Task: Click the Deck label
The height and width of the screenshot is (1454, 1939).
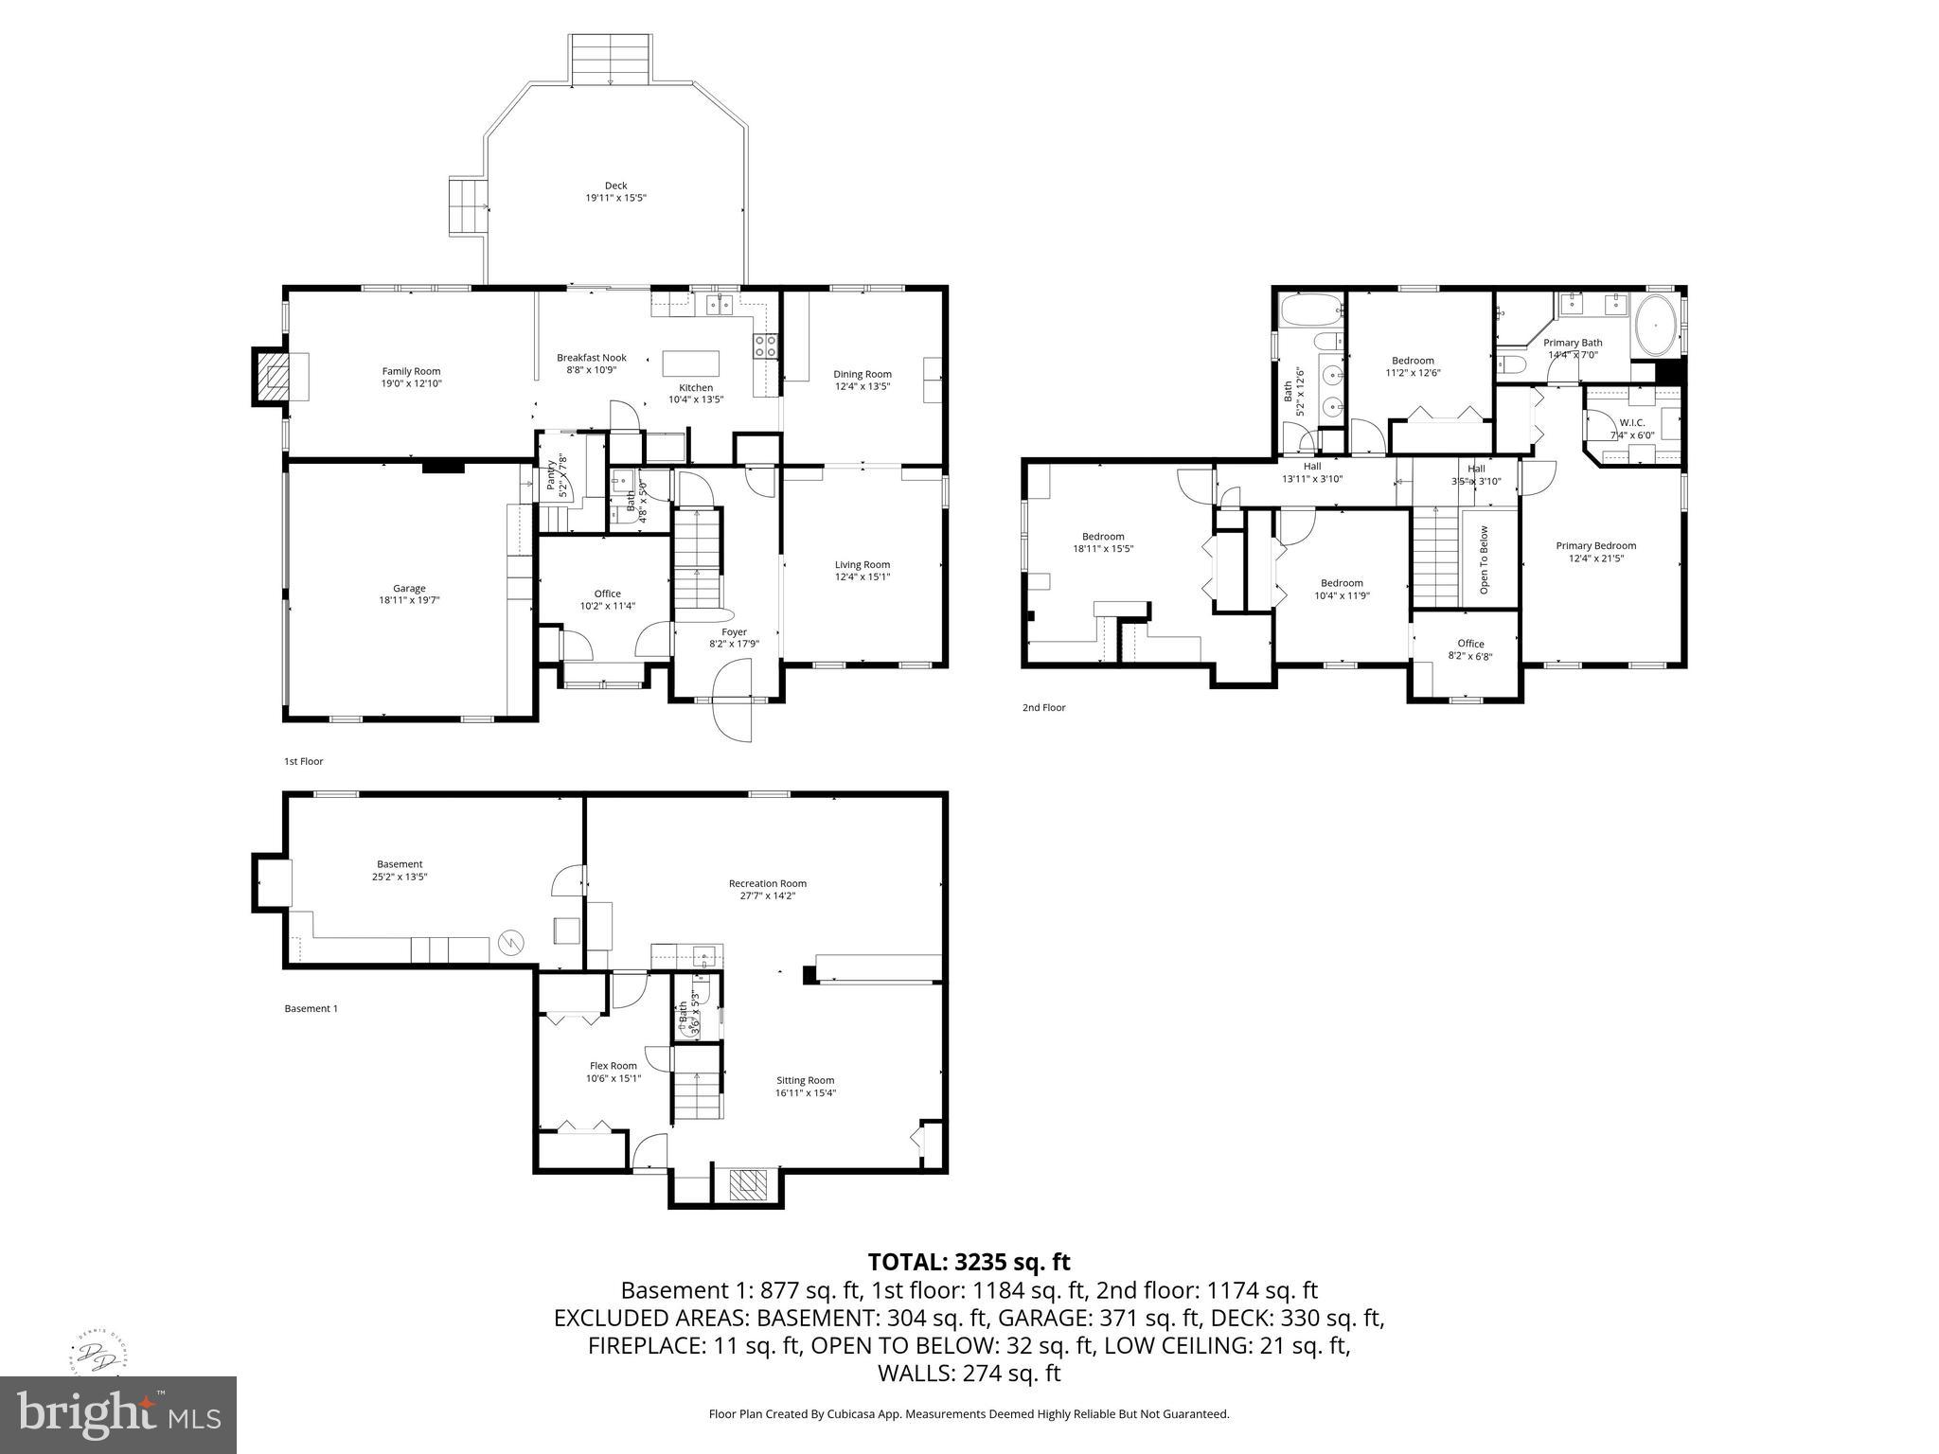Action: (615, 186)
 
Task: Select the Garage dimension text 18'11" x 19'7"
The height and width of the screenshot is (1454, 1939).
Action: (409, 600)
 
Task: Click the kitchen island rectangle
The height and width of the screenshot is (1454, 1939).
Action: (690, 363)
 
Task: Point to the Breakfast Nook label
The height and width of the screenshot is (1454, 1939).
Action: (591, 357)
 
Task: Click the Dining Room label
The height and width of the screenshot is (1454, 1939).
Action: (862, 374)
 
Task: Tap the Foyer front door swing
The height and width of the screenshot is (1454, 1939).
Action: (732, 702)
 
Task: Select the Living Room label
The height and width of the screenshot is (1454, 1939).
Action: (862, 564)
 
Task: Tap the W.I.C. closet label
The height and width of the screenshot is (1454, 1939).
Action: (1631, 422)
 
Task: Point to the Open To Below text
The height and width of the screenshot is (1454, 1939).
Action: (1484, 559)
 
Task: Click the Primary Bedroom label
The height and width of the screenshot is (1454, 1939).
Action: (1595, 545)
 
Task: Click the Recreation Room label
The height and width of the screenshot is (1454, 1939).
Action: (767, 883)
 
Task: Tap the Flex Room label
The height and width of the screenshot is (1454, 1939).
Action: (613, 1065)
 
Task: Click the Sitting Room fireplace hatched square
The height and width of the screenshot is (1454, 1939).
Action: (754, 1183)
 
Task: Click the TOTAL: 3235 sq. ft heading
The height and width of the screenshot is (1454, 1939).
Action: (969, 1262)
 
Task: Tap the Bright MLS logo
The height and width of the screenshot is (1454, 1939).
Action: (118, 1414)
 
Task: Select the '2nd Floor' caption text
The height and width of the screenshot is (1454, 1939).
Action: (1043, 707)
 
